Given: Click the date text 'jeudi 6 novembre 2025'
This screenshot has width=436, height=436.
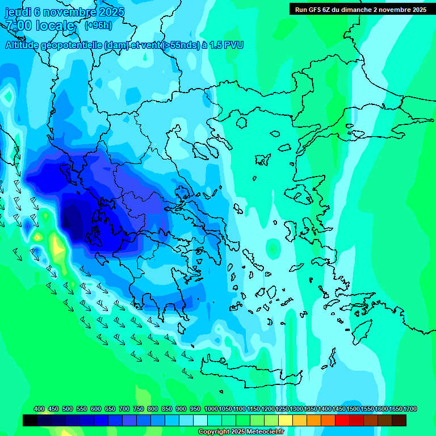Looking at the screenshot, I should point(64,12).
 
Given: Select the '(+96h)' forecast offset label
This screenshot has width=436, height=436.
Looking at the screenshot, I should point(98,26).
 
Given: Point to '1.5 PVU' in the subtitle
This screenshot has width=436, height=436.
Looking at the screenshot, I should point(226,45).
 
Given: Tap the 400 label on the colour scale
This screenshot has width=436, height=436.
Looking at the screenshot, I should point(39,409).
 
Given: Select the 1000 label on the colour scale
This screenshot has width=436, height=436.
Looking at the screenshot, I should point(211,409).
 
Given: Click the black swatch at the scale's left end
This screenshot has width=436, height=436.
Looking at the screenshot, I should point(30,420).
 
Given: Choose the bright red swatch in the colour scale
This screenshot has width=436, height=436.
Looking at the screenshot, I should point(342,420).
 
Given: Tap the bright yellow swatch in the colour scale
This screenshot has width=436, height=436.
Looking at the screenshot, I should point(286,420).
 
